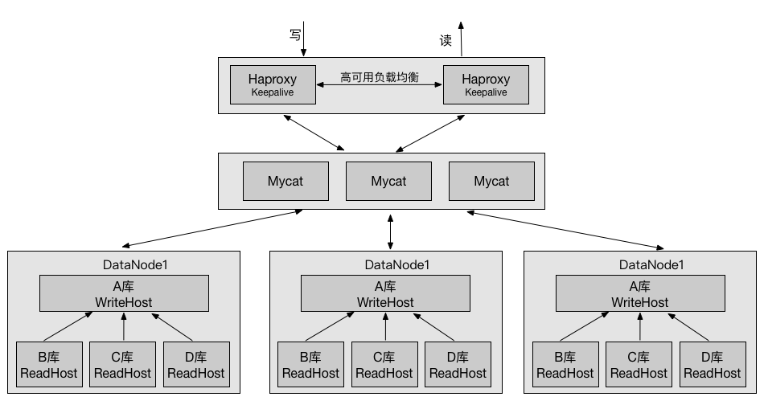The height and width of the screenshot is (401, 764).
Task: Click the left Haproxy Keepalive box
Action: click(x=273, y=84)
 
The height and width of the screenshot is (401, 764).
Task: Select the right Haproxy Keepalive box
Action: click(x=486, y=84)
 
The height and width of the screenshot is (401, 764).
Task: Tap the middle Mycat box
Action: click(x=388, y=181)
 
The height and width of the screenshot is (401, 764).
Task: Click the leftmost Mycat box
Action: click(x=285, y=181)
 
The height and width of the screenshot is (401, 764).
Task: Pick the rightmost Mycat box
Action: click(x=491, y=181)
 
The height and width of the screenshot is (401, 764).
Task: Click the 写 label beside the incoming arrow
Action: click(x=295, y=35)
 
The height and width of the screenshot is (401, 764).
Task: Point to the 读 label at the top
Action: click(x=446, y=40)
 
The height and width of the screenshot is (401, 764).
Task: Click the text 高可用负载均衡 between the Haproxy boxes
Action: click(x=380, y=77)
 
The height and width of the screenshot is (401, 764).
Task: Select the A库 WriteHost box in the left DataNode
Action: click(x=124, y=293)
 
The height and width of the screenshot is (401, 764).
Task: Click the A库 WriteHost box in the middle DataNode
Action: click(x=385, y=293)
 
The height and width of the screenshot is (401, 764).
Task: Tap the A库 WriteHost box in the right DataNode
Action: click(x=640, y=293)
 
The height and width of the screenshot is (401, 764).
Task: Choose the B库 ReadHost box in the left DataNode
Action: click(x=49, y=365)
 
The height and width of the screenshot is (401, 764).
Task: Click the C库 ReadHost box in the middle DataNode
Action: click(x=384, y=365)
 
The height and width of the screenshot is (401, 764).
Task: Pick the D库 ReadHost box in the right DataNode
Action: click(x=713, y=365)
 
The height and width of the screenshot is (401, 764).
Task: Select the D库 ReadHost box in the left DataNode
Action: click(x=196, y=365)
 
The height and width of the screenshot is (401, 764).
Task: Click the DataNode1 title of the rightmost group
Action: click(x=651, y=264)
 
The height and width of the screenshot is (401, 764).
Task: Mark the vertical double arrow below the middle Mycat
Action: click(x=390, y=232)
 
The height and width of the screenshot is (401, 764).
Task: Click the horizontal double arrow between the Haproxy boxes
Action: click(x=380, y=84)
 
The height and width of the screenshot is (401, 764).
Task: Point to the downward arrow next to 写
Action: click(x=303, y=39)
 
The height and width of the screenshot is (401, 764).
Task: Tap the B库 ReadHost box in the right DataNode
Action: click(x=565, y=365)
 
